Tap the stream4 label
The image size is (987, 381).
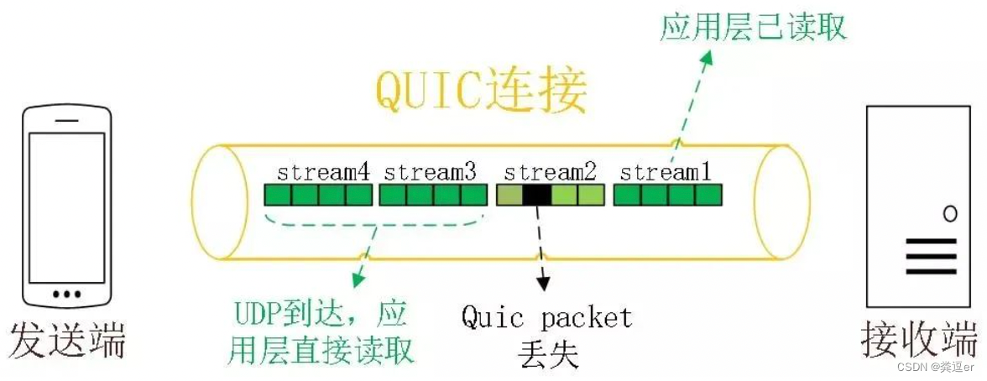[323, 173]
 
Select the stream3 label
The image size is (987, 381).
[430, 173]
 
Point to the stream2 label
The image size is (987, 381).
[550, 173]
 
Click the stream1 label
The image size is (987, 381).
[666, 173]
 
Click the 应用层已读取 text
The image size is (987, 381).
[753, 27]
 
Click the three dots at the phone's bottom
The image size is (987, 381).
[67, 295]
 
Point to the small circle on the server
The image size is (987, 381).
[949, 213]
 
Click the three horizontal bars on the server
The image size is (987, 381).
[930, 256]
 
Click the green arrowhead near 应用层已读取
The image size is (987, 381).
[708, 57]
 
